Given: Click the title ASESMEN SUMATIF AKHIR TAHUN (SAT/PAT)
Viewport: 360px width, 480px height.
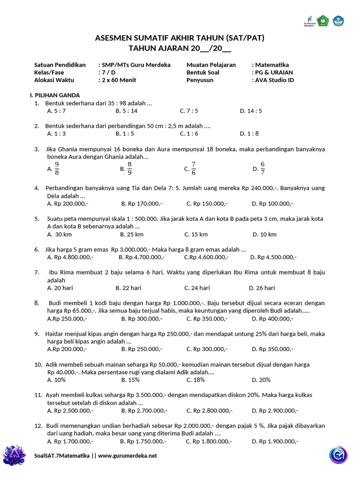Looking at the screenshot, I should coord(180,38).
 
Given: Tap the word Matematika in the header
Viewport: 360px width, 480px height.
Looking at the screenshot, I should coord(271,65).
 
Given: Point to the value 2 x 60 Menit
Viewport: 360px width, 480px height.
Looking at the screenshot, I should coord(119,80).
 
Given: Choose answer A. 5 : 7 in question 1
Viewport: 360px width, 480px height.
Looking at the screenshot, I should coord(57,111).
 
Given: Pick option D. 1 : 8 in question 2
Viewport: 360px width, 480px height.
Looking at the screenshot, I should coord(249,134).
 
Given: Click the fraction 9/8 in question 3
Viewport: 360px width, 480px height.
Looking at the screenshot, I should coord(57,168).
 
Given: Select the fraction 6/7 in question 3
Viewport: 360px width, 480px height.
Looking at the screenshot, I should coord(262,168).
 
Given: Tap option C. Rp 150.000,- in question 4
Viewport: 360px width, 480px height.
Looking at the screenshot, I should coord(207,203).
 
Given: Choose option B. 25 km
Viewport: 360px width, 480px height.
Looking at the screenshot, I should coord(132,234).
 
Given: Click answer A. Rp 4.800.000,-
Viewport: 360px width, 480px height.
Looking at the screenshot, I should coord(70,257).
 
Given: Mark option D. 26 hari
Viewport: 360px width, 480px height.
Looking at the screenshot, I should coord(262,288).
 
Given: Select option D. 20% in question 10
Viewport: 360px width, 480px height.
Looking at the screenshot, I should coord(261,380).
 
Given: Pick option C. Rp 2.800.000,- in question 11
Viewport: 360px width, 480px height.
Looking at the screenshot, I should coord(209,411).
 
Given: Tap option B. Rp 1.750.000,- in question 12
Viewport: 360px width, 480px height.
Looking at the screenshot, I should coord(142,441).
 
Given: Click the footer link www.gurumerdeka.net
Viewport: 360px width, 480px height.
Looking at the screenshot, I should coord(127,456).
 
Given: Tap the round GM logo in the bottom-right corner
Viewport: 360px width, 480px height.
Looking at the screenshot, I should coord(337,455).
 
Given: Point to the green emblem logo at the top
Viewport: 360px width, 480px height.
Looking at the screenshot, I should coord(322,21).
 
